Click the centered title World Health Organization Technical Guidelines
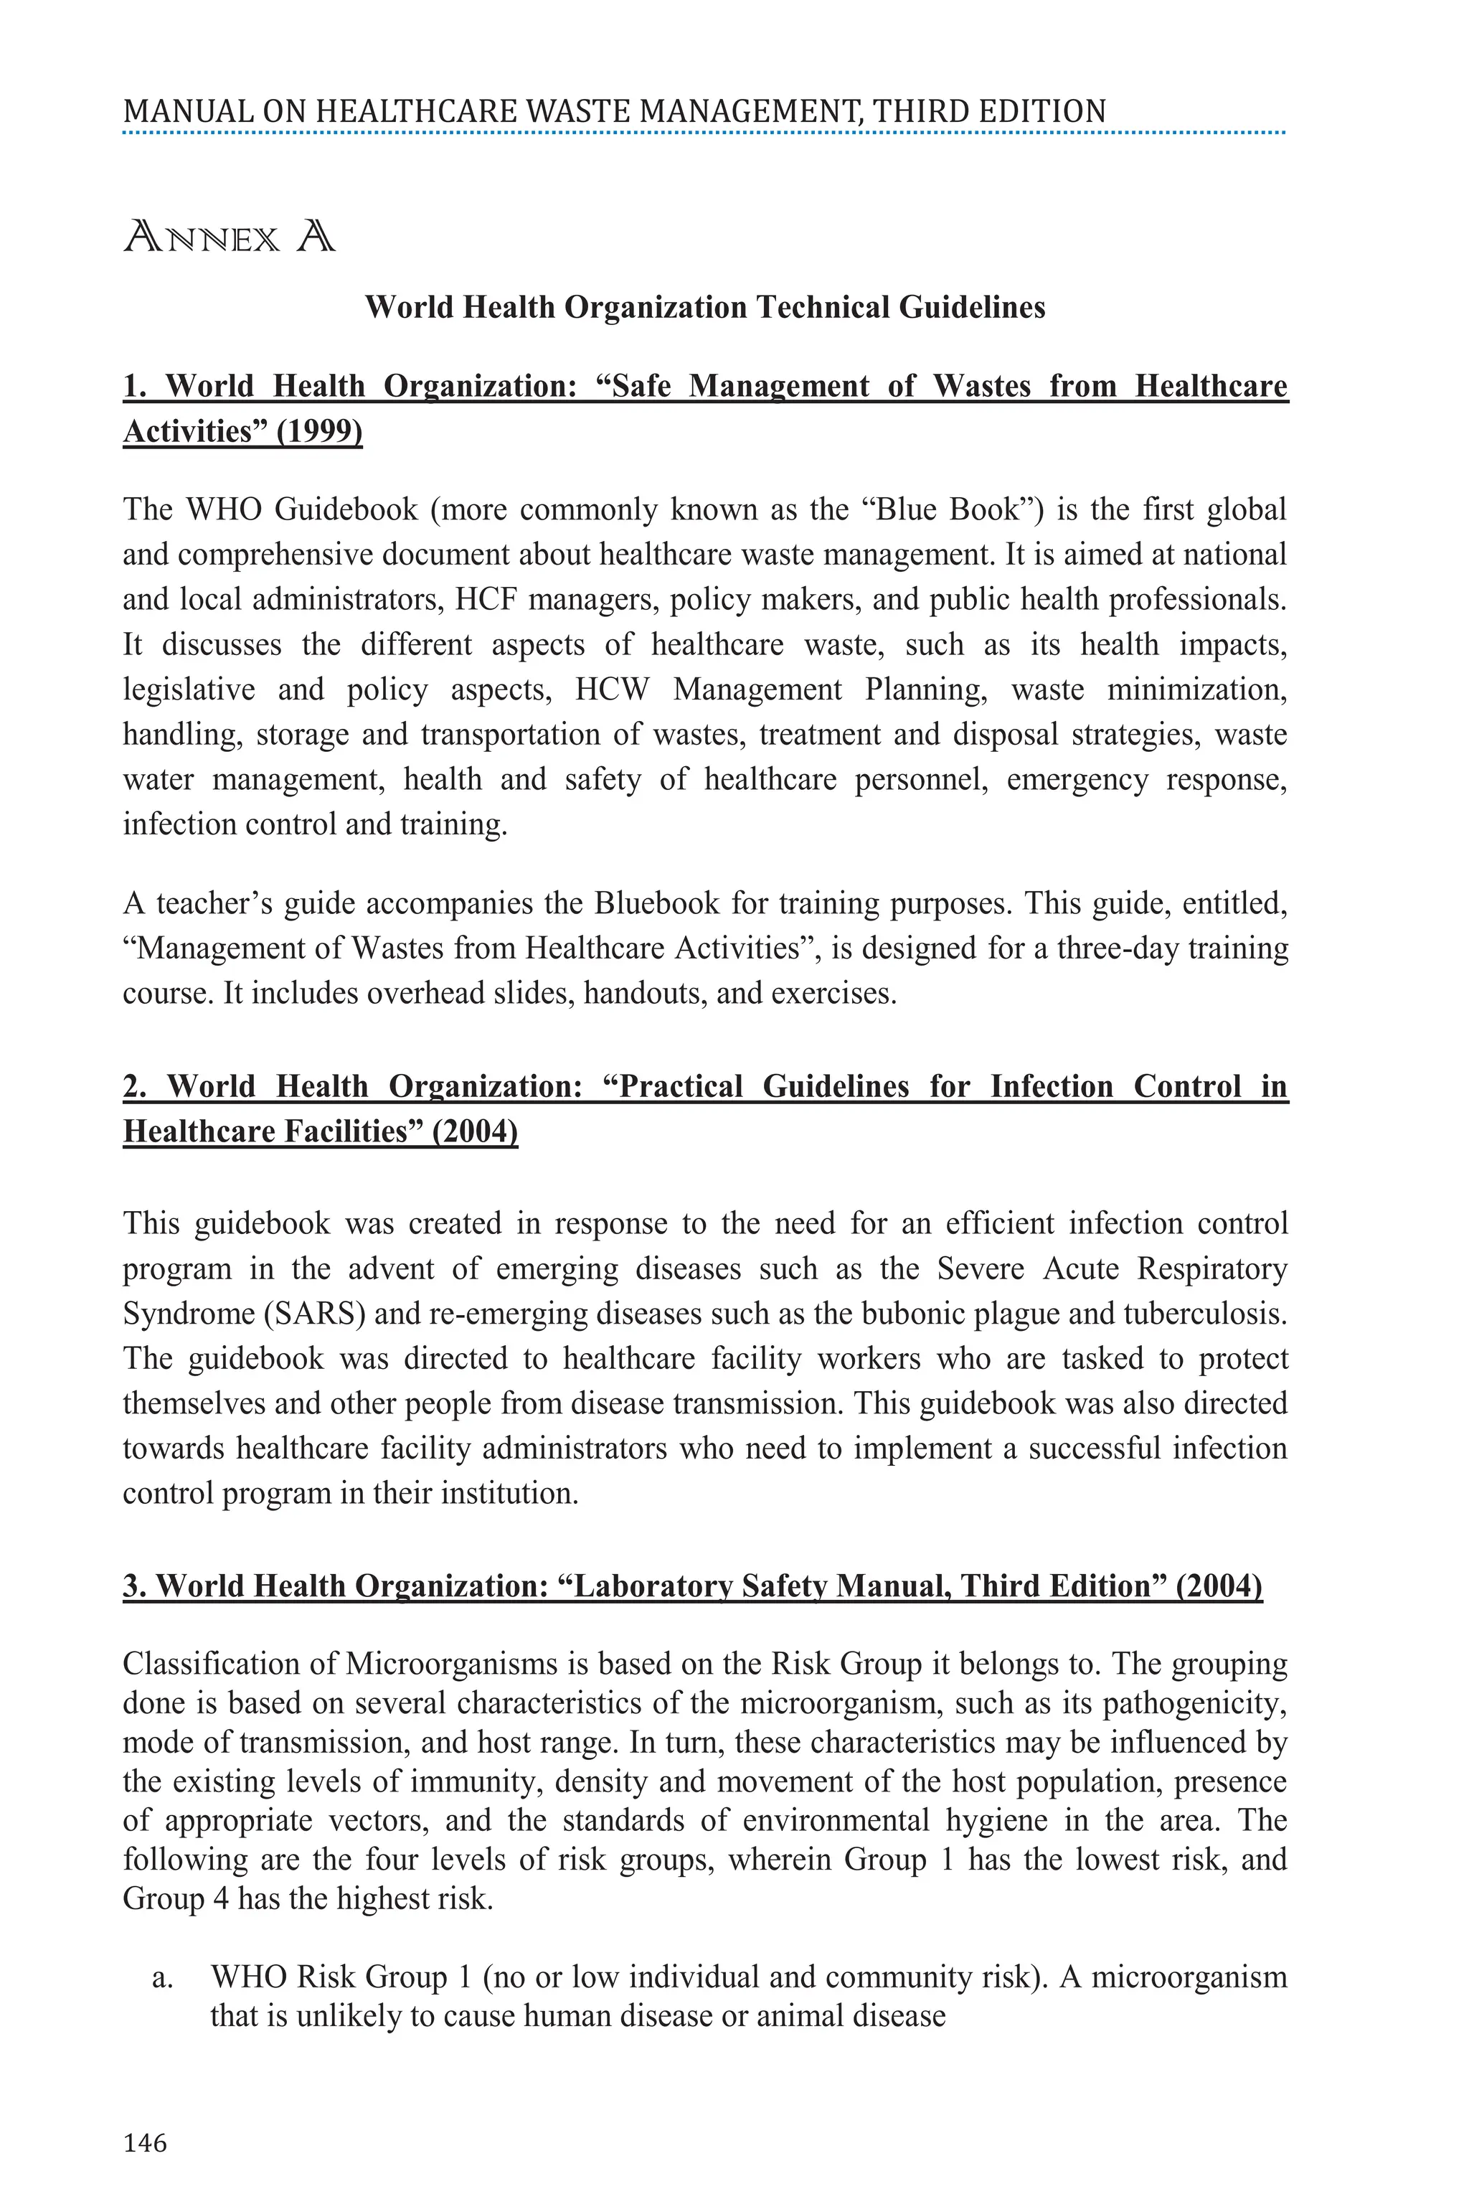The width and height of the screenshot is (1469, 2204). [704, 307]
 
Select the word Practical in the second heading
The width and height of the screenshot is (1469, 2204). [681, 1086]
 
